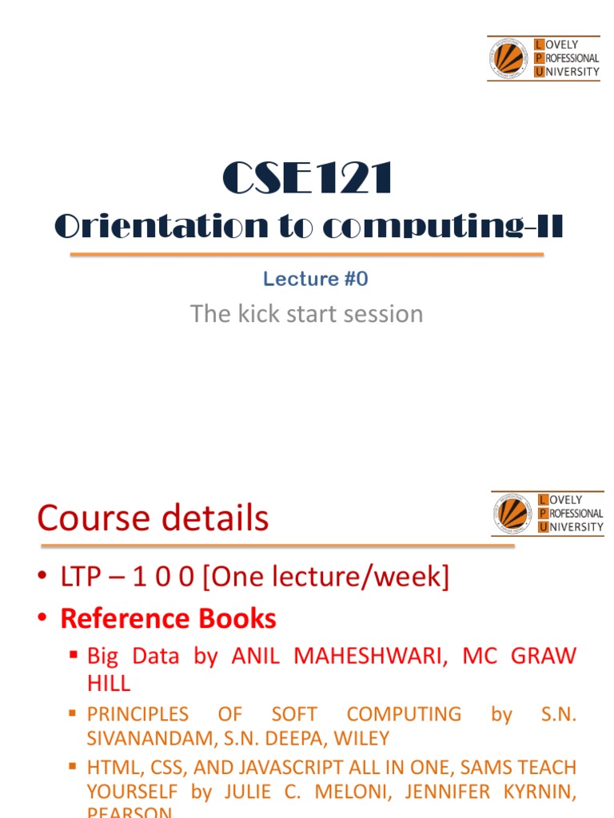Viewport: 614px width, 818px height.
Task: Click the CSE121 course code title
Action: pos(307,178)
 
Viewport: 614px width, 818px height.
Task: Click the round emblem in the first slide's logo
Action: pos(508,58)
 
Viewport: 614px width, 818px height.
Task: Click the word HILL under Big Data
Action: pos(108,683)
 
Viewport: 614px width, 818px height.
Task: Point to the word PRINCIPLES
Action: pos(138,714)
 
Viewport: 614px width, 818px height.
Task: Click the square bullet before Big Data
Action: pos(74,656)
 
